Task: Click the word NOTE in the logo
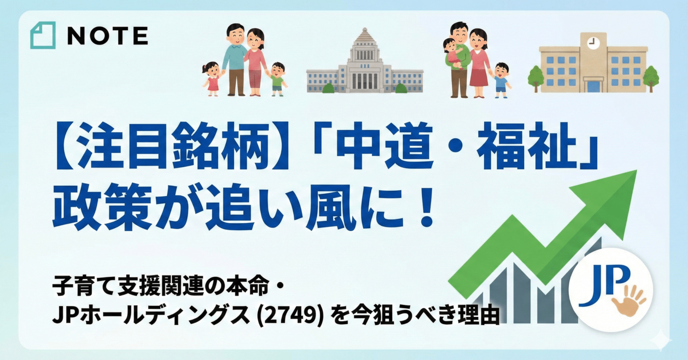pos(107,35)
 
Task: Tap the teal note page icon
pos(43,35)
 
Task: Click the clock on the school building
pos(593,43)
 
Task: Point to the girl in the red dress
pos(212,79)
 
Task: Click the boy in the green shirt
pos(277,79)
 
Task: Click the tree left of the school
pos(536,79)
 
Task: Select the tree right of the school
pos(651,79)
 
